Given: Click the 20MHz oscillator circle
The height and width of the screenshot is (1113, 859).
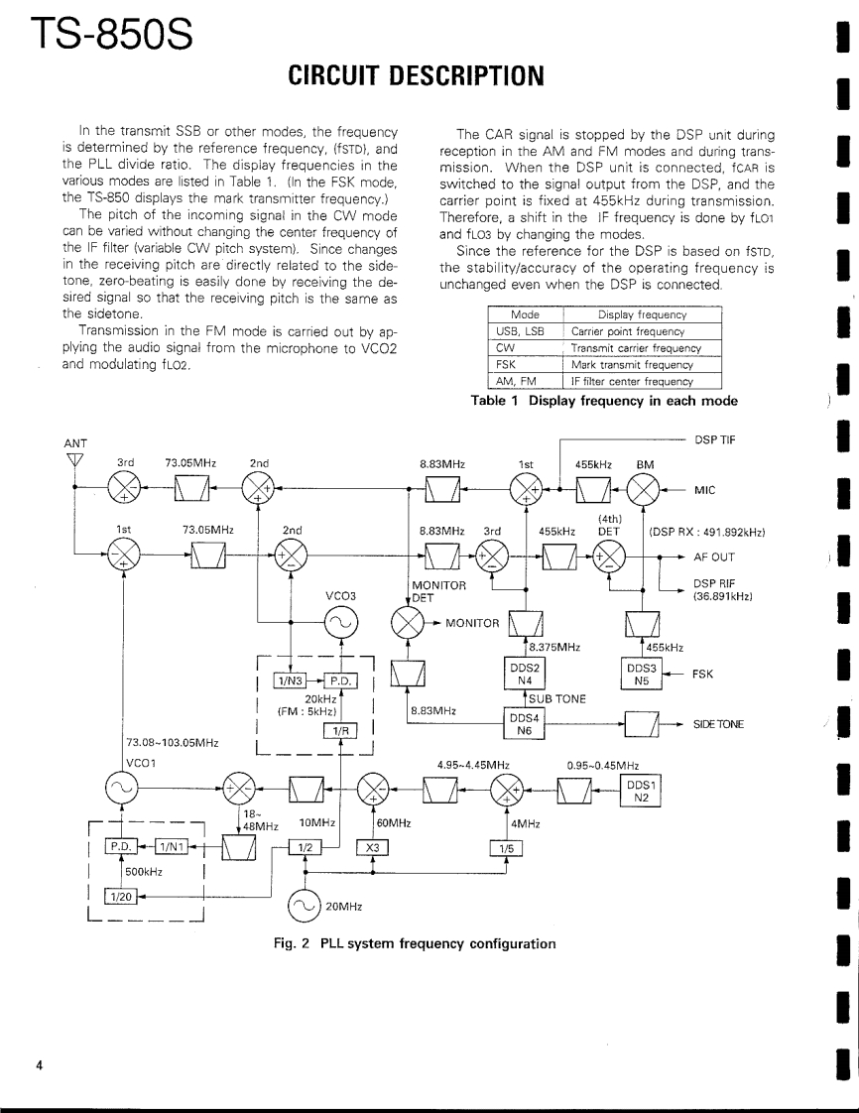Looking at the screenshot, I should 305,905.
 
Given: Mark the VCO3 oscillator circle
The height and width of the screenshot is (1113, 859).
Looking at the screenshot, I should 340,622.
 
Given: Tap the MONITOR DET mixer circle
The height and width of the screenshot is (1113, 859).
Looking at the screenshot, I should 407,622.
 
